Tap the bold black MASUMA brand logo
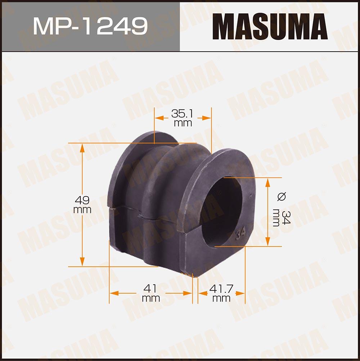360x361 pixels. [270, 26]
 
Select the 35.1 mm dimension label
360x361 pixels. [183, 118]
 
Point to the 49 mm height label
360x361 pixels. [82, 205]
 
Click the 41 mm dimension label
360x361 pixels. [151, 293]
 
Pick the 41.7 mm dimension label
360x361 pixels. [221, 293]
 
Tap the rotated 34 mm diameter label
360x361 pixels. [282, 218]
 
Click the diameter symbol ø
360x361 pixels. [282, 196]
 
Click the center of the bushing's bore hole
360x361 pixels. [222, 212]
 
